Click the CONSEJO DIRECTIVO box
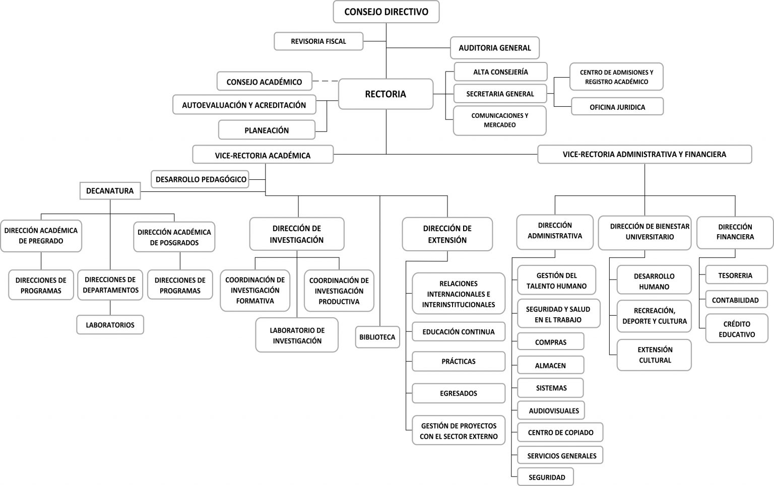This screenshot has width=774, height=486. [386, 12]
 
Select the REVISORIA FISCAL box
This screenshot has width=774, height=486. [318, 41]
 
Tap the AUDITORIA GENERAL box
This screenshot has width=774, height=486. [494, 48]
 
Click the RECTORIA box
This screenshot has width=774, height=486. [385, 94]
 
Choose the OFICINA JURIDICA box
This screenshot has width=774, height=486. [617, 107]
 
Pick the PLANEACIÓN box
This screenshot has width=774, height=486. [267, 130]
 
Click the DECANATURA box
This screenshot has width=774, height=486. [110, 191]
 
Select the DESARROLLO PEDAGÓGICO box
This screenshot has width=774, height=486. [200, 179]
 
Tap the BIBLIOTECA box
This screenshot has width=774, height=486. [377, 337]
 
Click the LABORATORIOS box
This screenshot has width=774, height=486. [110, 325]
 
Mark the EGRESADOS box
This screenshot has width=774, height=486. [459, 393]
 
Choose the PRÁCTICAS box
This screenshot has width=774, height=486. [459, 361]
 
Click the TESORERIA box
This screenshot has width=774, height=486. [736, 275]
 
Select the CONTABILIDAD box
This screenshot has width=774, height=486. [736, 300]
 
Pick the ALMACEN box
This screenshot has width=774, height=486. [550, 365]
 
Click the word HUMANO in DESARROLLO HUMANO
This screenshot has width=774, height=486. [654, 287]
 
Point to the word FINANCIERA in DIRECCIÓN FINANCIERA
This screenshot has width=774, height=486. [735, 237]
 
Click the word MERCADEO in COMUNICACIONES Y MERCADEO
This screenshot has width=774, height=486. [500, 125]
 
